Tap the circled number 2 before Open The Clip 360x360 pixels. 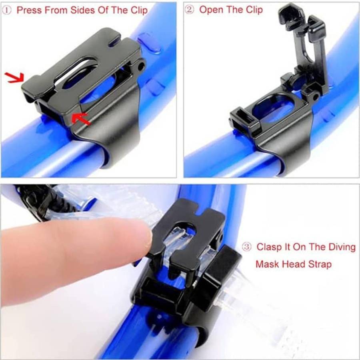tap(190, 10)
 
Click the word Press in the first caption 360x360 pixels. tap(30, 10)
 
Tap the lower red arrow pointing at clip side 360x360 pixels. tap(81, 119)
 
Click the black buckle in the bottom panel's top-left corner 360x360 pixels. tap(36, 200)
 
